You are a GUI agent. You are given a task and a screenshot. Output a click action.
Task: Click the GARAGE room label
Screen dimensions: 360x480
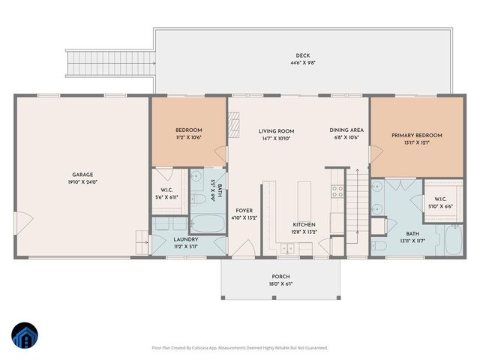point(82,174)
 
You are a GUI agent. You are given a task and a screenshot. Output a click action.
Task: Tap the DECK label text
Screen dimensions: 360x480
point(302,55)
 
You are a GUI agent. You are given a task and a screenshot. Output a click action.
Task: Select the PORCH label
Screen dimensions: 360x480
point(280,276)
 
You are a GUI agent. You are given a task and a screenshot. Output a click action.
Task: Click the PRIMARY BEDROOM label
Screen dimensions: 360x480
point(416,135)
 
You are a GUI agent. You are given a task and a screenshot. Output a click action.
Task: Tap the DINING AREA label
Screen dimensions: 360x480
point(345,130)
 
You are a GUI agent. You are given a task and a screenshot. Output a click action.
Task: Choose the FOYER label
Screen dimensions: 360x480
point(244,210)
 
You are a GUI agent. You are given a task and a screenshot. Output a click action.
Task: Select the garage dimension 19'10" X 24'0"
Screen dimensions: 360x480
point(82,181)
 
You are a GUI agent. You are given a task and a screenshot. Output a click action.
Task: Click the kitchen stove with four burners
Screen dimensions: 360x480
point(337,190)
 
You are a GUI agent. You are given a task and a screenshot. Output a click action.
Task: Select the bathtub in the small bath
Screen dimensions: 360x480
point(207,223)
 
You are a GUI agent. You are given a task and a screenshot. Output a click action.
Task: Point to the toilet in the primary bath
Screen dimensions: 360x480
point(380,246)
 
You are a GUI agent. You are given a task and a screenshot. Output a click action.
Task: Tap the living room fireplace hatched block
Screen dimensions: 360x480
point(233,121)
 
